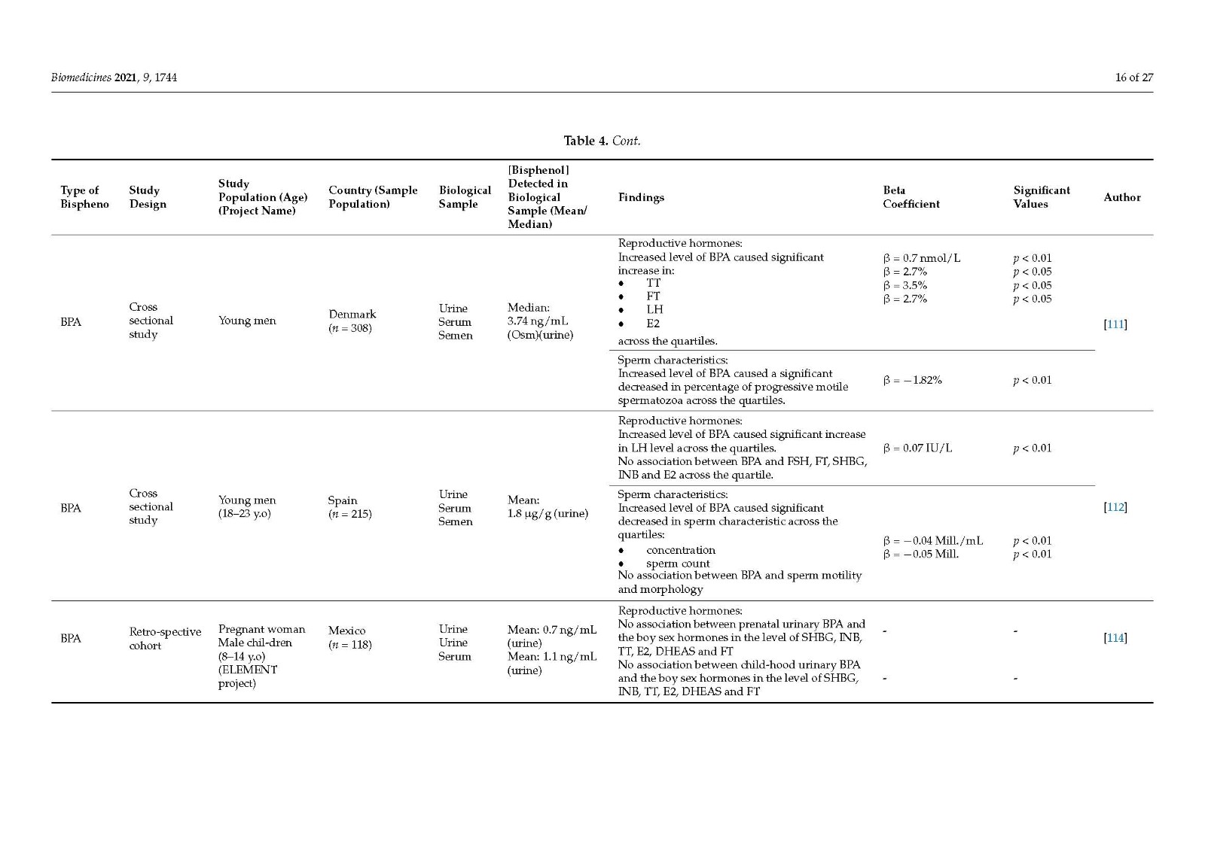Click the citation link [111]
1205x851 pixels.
coord(1115,324)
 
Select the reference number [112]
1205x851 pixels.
coord(1115,507)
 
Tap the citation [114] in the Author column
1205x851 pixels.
coord(1115,638)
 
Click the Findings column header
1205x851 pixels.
coord(641,197)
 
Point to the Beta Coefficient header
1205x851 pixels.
coord(911,197)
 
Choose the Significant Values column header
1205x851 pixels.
coord(1041,197)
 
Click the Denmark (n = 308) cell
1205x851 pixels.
coord(352,321)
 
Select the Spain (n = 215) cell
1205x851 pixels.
coord(349,507)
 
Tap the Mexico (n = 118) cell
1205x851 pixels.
coord(349,637)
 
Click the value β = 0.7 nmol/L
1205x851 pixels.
coord(921,258)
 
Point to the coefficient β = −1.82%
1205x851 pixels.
coord(912,380)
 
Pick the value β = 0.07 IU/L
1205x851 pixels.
coord(917,448)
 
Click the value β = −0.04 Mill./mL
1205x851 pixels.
coord(932,541)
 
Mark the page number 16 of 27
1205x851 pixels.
coord(1133,78)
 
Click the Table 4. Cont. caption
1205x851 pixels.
coord(602,141)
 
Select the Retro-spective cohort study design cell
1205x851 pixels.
coord(164,639)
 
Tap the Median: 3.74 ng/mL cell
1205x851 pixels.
coord(539,321)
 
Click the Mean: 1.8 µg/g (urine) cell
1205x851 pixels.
coord(548,507)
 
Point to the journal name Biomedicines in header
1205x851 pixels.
coord(81,78)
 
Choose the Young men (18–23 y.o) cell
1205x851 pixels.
coord(247,507)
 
